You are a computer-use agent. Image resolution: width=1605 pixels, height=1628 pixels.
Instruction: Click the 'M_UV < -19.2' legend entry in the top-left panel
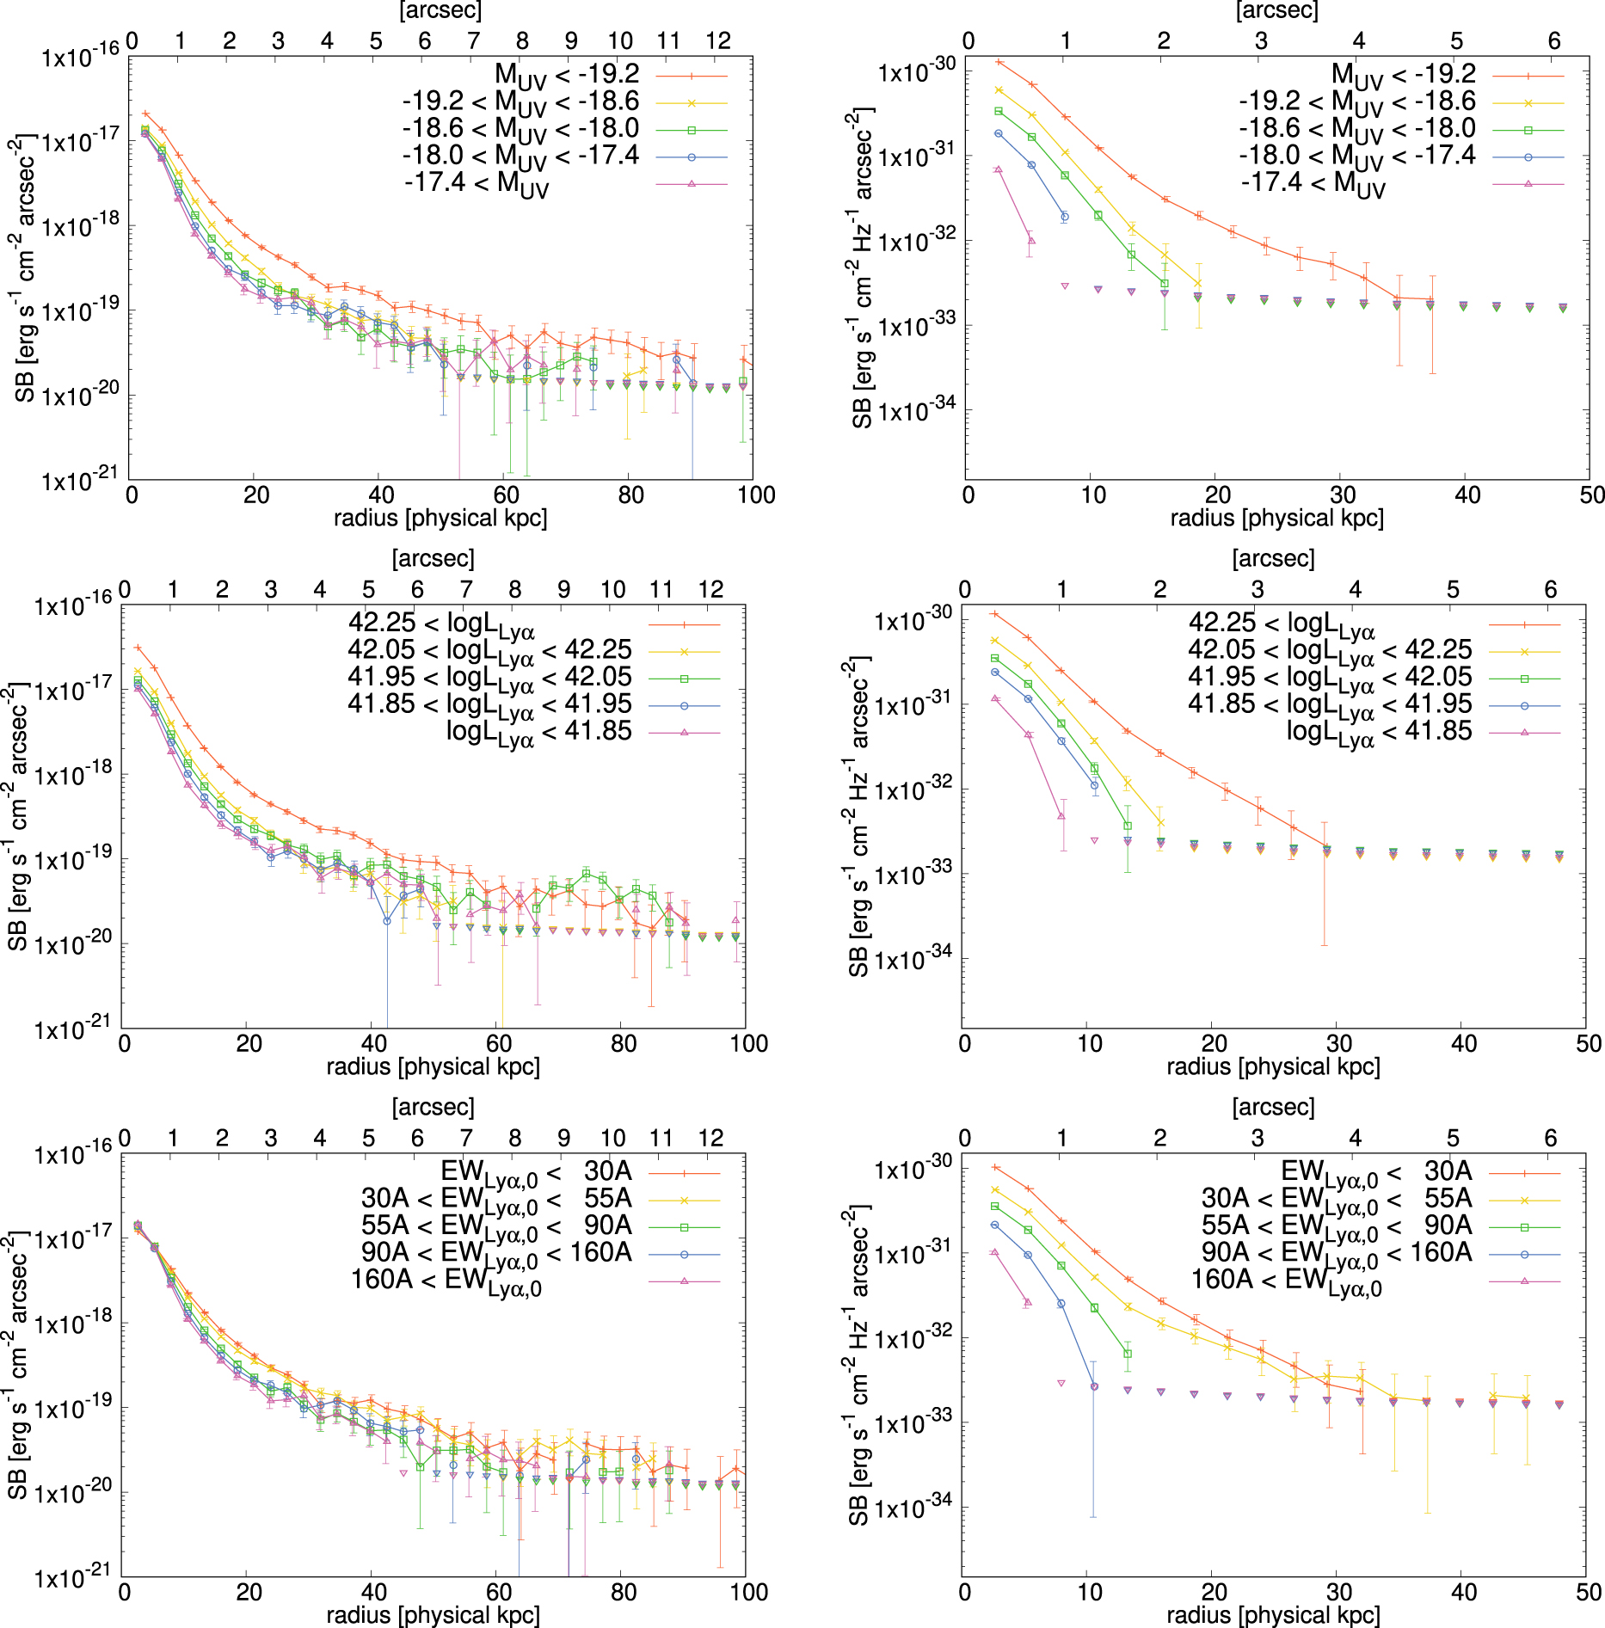tap(567, 75)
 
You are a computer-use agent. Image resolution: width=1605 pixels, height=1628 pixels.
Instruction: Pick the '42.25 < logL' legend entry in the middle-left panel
tap(441, 624)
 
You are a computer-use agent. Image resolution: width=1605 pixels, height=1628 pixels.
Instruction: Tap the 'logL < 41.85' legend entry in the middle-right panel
tap(1379, 732)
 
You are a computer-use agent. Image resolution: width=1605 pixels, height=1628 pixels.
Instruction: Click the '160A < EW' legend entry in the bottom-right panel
tap(1287, 1281)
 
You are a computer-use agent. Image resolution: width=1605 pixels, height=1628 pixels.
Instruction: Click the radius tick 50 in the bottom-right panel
tap(1588, 1591)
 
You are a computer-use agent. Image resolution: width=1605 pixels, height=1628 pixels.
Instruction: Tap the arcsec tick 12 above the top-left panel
tap(718, 41)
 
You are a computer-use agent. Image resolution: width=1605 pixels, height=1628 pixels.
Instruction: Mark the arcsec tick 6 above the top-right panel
tap(1554, 41)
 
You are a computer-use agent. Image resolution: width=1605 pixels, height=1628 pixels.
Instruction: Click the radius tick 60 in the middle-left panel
tap(499, 1043)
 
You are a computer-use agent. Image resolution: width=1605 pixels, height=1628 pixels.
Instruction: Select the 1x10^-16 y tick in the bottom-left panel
tap(72, 1152)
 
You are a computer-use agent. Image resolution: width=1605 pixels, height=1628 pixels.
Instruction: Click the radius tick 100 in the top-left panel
tap(756, 495)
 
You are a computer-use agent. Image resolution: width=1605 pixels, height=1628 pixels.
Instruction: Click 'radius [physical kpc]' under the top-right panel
tap(1276, 518)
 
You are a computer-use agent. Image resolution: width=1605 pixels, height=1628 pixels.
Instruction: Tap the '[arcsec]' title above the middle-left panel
tap(433, 558)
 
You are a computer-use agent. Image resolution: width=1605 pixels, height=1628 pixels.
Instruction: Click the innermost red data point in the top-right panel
tap(999, 62)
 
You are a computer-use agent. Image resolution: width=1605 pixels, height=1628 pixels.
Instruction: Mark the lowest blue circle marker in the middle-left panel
tap(387, 920)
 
